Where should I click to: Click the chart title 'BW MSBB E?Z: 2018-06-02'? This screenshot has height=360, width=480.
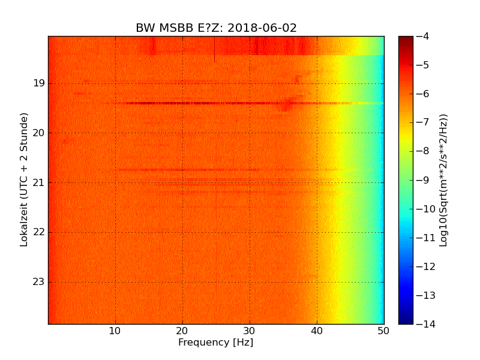click(216, 28)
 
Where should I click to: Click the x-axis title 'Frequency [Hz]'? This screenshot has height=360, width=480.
click(215, 343)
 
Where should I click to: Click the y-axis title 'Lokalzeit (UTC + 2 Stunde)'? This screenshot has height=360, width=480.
click(25, 180)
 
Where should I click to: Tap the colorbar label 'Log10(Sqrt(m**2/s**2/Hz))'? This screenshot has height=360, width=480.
click(443, 180)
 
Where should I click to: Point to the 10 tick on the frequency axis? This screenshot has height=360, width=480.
click(116, 330)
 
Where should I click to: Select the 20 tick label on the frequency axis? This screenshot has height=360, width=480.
click(183, 330)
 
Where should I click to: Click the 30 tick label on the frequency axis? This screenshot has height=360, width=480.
click(250, 330)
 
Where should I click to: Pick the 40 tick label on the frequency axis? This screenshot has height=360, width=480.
click(317, 330)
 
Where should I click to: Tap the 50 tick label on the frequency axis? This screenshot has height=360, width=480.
click(383, 330)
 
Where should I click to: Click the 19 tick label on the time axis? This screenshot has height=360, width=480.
click(39, 83)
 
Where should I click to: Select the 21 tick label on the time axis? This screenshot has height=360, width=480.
click(39, 182)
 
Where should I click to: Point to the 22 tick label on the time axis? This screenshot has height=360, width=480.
click(39, 232)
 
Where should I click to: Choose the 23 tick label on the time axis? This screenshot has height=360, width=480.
click(39, 282)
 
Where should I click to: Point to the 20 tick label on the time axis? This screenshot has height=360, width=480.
click(39, 133)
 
